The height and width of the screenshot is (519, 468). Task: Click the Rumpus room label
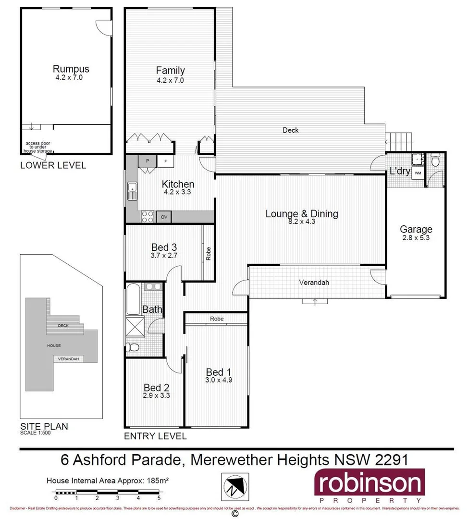click(x=71, y=69)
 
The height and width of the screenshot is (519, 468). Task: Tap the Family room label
click(x=170, y=71)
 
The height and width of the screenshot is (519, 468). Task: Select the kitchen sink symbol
click(x=132, y=192)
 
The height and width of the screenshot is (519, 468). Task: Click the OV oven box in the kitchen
click(x=164, y=217)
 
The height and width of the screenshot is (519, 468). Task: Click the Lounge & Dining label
click(x=302, y=214)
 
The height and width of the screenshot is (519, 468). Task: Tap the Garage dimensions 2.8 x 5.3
click(x=416, y=237)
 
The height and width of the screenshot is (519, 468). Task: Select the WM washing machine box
click(x=418, y=173)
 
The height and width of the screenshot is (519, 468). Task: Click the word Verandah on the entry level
click(x=315, y=283)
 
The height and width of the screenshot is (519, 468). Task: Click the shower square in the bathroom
click(x=136, y=327)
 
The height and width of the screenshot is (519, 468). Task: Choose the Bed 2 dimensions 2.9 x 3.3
click(x=157, y=396)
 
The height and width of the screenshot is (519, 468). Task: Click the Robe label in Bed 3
click(x=209, y=254)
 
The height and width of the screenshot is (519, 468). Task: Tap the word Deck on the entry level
click(x=290, y=130)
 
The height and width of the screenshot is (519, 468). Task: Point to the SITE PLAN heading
click(x=44, y=426)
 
